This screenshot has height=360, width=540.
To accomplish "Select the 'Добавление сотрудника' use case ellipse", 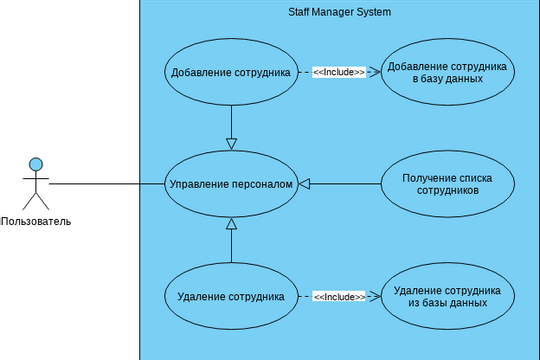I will tap(231, 72).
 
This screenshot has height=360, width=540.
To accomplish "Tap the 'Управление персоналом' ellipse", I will tap(231, 184).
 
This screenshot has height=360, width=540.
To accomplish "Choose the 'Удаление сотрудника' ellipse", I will tap(231, 296).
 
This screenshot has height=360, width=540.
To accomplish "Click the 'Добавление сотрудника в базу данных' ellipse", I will tap(447, 72).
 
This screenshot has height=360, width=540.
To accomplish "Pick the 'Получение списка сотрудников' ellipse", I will tap(447, 184).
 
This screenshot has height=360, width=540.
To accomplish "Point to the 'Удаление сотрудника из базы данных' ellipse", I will tap(447, 296).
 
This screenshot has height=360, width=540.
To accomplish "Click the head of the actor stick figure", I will tap(36, 164).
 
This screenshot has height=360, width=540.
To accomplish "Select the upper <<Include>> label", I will tap(339, 72).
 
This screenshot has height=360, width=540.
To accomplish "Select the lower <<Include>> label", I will tap(339, 296).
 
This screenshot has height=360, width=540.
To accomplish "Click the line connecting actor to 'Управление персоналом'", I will tap(105, 184).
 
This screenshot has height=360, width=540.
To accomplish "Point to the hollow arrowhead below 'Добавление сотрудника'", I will tap(231, 143).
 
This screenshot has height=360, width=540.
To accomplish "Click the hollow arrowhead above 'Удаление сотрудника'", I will tap(231, 224).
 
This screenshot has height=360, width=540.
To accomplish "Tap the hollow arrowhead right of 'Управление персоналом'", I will tap(305, 184).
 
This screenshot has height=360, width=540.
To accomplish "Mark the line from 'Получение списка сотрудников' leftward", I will tap(346, 184).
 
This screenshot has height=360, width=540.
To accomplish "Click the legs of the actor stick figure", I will tap(36, 200).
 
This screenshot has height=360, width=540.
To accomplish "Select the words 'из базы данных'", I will tap(447, 302).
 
